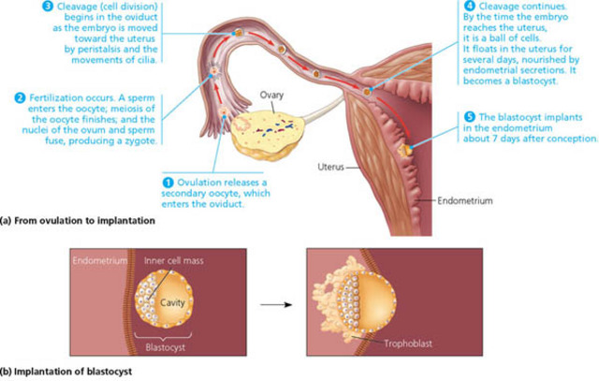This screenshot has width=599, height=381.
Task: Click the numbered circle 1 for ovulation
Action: (168, 180)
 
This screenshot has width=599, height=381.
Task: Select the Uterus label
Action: (331, 169)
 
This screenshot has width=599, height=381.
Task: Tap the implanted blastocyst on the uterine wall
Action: (407, 148)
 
